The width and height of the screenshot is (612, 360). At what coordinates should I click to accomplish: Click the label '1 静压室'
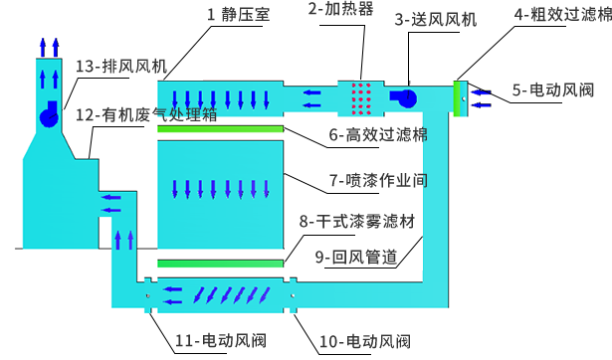[238, 14]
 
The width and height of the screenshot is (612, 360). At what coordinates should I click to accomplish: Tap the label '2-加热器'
[340, 9]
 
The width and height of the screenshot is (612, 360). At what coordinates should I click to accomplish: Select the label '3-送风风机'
[435, 19]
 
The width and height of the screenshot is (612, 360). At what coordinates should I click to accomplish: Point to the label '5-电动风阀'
[553, 90]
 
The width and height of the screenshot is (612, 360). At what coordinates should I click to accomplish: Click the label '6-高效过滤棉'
[378, 135]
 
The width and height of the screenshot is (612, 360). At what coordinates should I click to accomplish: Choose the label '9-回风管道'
[356, 257]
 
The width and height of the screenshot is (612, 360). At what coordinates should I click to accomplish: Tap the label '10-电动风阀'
[364, 341]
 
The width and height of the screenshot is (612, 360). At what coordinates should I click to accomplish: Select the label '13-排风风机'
[120, 67]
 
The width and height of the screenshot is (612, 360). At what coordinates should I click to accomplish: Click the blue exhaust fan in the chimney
[49, 116]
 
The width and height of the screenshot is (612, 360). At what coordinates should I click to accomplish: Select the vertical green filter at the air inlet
[457, 97]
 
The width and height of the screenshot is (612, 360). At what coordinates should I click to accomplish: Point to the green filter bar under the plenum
[220, 129]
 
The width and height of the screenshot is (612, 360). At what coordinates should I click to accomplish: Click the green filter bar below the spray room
[220, 263]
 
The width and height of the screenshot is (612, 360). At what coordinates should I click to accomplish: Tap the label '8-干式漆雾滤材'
[356, 221]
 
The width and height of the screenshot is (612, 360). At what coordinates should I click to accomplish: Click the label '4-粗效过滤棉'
[562, 14]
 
